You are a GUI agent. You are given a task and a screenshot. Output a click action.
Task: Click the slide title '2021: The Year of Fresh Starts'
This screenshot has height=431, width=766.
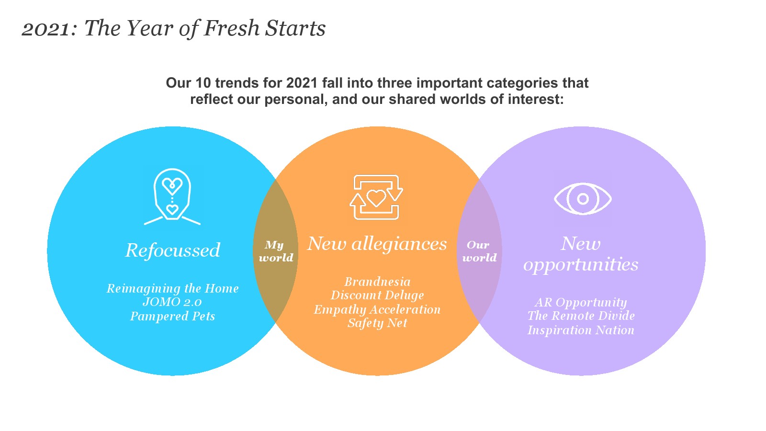(173, 28)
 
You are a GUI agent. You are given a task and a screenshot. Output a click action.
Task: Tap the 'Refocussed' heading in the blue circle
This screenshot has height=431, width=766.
(173, 250)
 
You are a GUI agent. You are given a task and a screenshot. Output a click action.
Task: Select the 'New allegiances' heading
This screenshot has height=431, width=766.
(377, 244)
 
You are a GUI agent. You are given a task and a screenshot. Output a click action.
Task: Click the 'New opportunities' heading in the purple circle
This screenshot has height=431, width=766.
(581, 254)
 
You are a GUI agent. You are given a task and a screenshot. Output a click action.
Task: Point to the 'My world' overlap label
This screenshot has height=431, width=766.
(276, 251)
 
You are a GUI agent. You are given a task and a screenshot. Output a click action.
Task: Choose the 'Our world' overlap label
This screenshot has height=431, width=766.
(479, 251)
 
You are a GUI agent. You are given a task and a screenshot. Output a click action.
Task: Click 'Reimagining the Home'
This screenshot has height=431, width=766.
(172, 289)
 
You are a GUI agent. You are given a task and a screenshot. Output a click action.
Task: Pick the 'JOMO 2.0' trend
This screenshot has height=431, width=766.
(172, 302)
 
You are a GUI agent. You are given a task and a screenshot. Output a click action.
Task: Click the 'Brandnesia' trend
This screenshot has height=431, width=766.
(377, 282)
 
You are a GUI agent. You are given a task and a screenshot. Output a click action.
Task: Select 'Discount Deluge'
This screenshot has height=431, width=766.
(377, 295)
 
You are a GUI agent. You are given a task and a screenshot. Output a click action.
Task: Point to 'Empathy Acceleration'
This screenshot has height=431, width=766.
(377, 309)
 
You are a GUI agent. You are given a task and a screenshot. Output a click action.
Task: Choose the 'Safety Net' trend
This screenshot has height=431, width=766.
(377, 323)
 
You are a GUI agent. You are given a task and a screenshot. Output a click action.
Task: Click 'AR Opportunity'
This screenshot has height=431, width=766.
(581, 302)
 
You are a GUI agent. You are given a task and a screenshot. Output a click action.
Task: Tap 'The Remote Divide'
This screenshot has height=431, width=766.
(581, 316)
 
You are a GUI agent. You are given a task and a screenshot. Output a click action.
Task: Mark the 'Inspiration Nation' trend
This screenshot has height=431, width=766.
(581, 330)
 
